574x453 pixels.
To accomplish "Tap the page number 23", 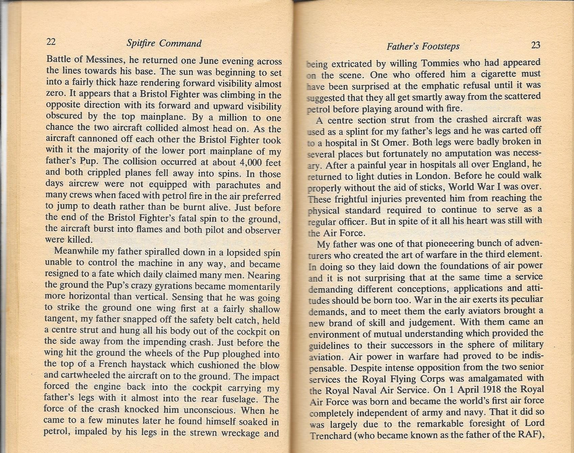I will click(x=536, y=45).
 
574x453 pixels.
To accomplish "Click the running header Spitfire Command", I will click(x=164, y=43).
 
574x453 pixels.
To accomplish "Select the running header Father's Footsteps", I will click(x=423, y=46).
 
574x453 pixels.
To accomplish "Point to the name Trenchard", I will click(x=331, y=435).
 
